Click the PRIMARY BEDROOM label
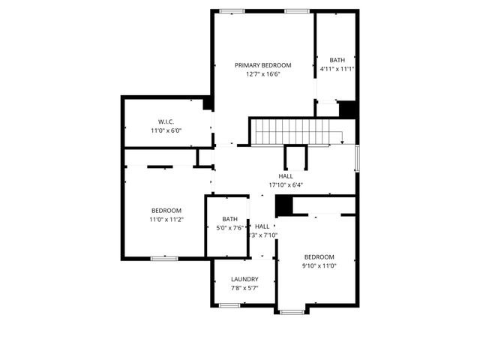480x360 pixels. [262, 65]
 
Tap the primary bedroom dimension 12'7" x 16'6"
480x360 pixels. [262, 74]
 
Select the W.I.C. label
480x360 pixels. [166, 121]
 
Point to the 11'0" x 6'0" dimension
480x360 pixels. [166, 130]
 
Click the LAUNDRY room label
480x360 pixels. [244, 279]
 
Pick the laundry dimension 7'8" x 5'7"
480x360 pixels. [244, 288]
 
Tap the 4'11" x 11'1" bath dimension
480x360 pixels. [337, 69]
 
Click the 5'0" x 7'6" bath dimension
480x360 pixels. [229, 228]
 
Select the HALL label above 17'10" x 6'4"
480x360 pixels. [286, 175]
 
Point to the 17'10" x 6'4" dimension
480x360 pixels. [286, 184]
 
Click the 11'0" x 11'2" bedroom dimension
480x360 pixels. [166, 219]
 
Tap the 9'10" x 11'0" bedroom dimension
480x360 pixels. [319, 265]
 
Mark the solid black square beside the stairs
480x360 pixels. [347, 109]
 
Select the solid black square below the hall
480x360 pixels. [283, 205]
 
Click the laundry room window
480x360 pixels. [229, 305]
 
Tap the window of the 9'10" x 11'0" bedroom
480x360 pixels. [292, 311]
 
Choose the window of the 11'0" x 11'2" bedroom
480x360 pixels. [163, 259]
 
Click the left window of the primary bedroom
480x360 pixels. [232, 10]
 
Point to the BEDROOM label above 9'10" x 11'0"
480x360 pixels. [319, 256]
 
